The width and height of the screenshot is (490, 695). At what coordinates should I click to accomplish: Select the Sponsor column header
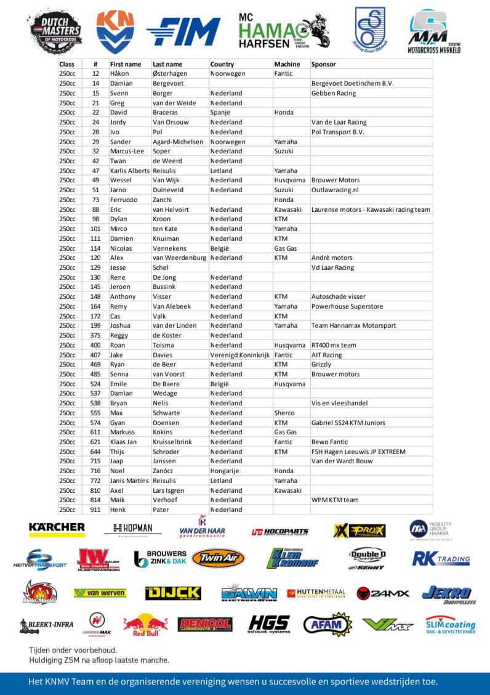324,64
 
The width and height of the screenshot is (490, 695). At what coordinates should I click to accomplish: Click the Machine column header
287,64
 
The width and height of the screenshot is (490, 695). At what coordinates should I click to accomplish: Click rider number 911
95,510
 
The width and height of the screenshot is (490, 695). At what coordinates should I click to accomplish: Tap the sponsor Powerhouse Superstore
347,306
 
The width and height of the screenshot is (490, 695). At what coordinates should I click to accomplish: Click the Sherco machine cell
284,413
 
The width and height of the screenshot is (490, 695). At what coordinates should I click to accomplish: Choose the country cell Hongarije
226,471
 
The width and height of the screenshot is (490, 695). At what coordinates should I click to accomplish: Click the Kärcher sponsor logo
57,527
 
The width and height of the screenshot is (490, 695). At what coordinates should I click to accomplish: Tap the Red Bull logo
145,625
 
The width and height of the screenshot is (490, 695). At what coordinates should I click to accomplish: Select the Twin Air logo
217,559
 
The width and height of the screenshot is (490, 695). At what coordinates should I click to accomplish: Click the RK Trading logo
441,559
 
